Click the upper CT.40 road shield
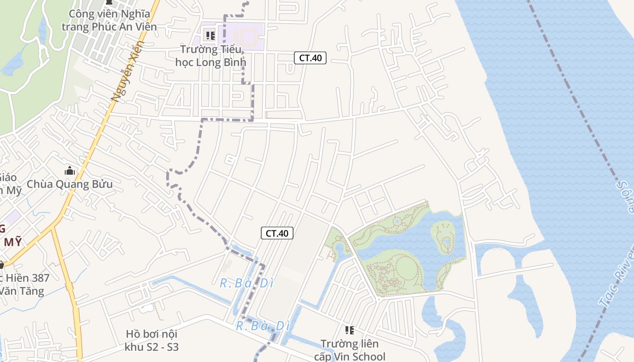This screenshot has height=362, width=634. (310, 58)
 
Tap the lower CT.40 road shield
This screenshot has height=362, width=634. (277, 233)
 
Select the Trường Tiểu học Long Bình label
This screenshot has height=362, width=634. (211, 56)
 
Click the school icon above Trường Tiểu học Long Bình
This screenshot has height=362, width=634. (210, 35)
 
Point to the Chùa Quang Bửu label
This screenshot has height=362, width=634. (70, 184)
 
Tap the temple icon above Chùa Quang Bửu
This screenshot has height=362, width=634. (69, 171)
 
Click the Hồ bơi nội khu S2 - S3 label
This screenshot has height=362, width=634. (152, 341)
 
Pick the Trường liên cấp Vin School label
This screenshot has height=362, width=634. (350, 350)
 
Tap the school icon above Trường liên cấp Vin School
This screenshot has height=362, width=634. (349, 330)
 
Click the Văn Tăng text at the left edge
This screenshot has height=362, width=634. (23, 291)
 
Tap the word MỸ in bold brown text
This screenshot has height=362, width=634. (13, 242)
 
